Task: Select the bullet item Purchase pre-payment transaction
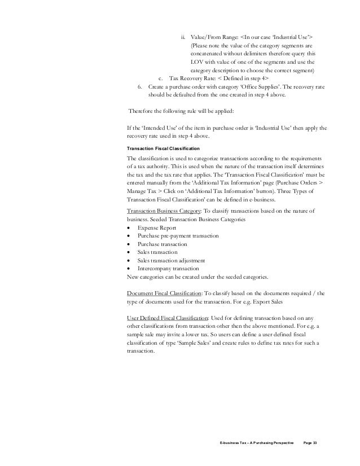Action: tap(179, 236)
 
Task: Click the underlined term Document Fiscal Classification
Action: tap(161, 294)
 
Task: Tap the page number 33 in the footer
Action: tap(315, 440)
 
